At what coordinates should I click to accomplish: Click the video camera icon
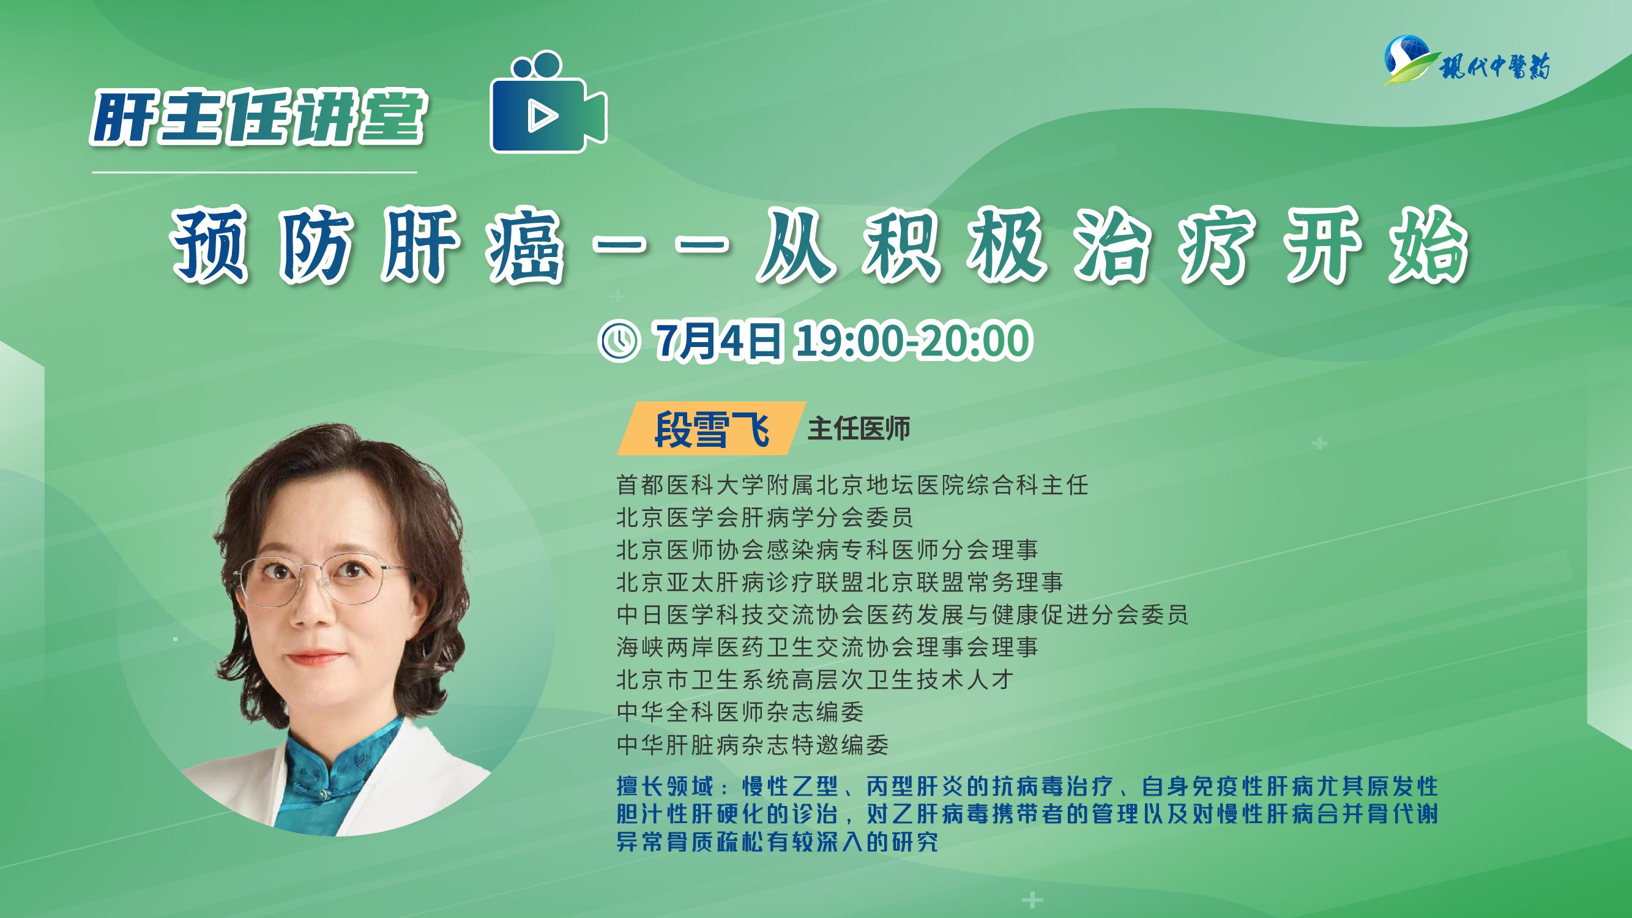click(x=548, y=103)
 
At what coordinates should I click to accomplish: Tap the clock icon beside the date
click(x=619, y=341)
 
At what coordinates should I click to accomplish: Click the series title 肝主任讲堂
click(x=258, y=118)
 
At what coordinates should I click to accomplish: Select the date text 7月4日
click(x=718, y=341)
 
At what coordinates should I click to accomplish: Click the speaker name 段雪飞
click(x=712, y=429)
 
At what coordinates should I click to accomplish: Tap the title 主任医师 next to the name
click(x=859, y=429)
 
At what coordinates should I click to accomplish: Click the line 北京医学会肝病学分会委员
click(x=765, y=518)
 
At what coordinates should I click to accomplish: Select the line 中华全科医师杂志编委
click(x=740, y=712)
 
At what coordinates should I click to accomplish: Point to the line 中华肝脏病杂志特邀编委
click(x=753, y=744)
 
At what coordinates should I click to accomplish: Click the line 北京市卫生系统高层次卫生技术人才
click(x=814, y=680)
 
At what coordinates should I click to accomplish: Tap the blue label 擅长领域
click(x=665, y=786)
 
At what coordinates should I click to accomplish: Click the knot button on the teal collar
click(x=324, y=794)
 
